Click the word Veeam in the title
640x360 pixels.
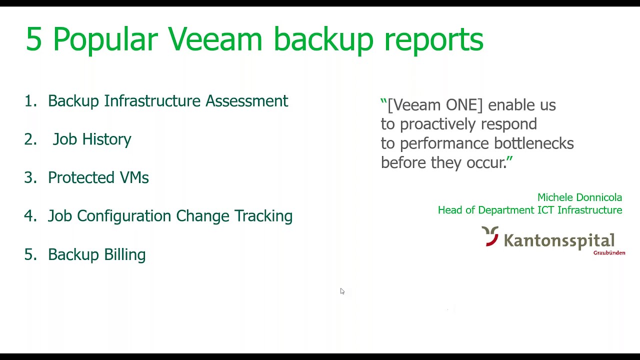pos(215,39)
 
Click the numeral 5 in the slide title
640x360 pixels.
pos(33,39)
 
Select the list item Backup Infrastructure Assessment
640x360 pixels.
pos(168,101)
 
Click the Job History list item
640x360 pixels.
pos(92,139)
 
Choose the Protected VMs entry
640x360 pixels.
pos(98,177)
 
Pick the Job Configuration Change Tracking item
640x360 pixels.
pos(170,216)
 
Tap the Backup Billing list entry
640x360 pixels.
pos(96,254)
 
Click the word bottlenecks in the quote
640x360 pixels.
pos(533,143)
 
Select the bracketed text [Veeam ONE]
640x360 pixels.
pos(435,105)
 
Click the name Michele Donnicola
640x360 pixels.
pos(579,197)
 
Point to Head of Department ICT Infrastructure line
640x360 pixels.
pos(530,210)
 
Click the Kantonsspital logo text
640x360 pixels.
pos(558,240)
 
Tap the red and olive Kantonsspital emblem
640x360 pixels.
pos(490,236)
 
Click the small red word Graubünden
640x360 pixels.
pos(609,253)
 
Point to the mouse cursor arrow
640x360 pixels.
pos(342,291)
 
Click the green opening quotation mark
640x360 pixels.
pos(383,102)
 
